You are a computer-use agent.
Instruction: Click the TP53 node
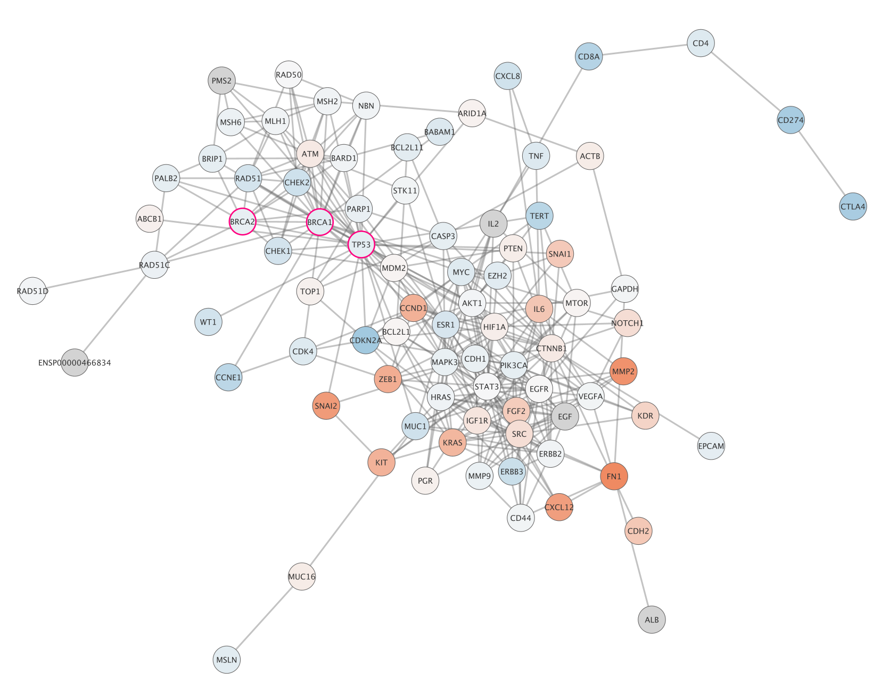tap(361, 245)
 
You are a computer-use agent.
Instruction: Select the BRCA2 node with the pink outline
tap(243, 221)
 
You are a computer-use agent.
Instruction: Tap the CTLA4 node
tap(853, 206)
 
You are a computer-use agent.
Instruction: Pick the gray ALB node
tap(652, 619)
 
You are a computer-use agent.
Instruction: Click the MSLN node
tap(227, 660)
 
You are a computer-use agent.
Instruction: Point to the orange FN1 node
tap(614, 477)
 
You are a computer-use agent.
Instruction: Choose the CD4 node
tap(701, 43)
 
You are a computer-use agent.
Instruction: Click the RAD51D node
tap(32, 291)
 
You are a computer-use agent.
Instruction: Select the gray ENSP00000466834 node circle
tap(75, 363)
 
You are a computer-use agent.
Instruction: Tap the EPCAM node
tap(711, 446)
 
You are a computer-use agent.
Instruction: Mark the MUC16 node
tap(302, 577)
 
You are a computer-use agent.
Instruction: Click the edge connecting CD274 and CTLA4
tap(822, 163)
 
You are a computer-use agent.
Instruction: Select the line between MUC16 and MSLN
tap(265, 618)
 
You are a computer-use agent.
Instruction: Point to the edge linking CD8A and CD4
tap(645, 49)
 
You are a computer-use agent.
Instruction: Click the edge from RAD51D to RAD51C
tap(94, 278)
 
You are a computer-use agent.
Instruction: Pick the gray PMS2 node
tap(221, 81)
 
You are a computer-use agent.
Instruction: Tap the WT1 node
tap(208, 322)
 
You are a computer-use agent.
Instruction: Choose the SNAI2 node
tap(326, 406)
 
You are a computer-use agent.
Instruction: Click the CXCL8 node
tap(507, 76)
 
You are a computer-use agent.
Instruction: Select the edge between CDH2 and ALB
tap(645, 575)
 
